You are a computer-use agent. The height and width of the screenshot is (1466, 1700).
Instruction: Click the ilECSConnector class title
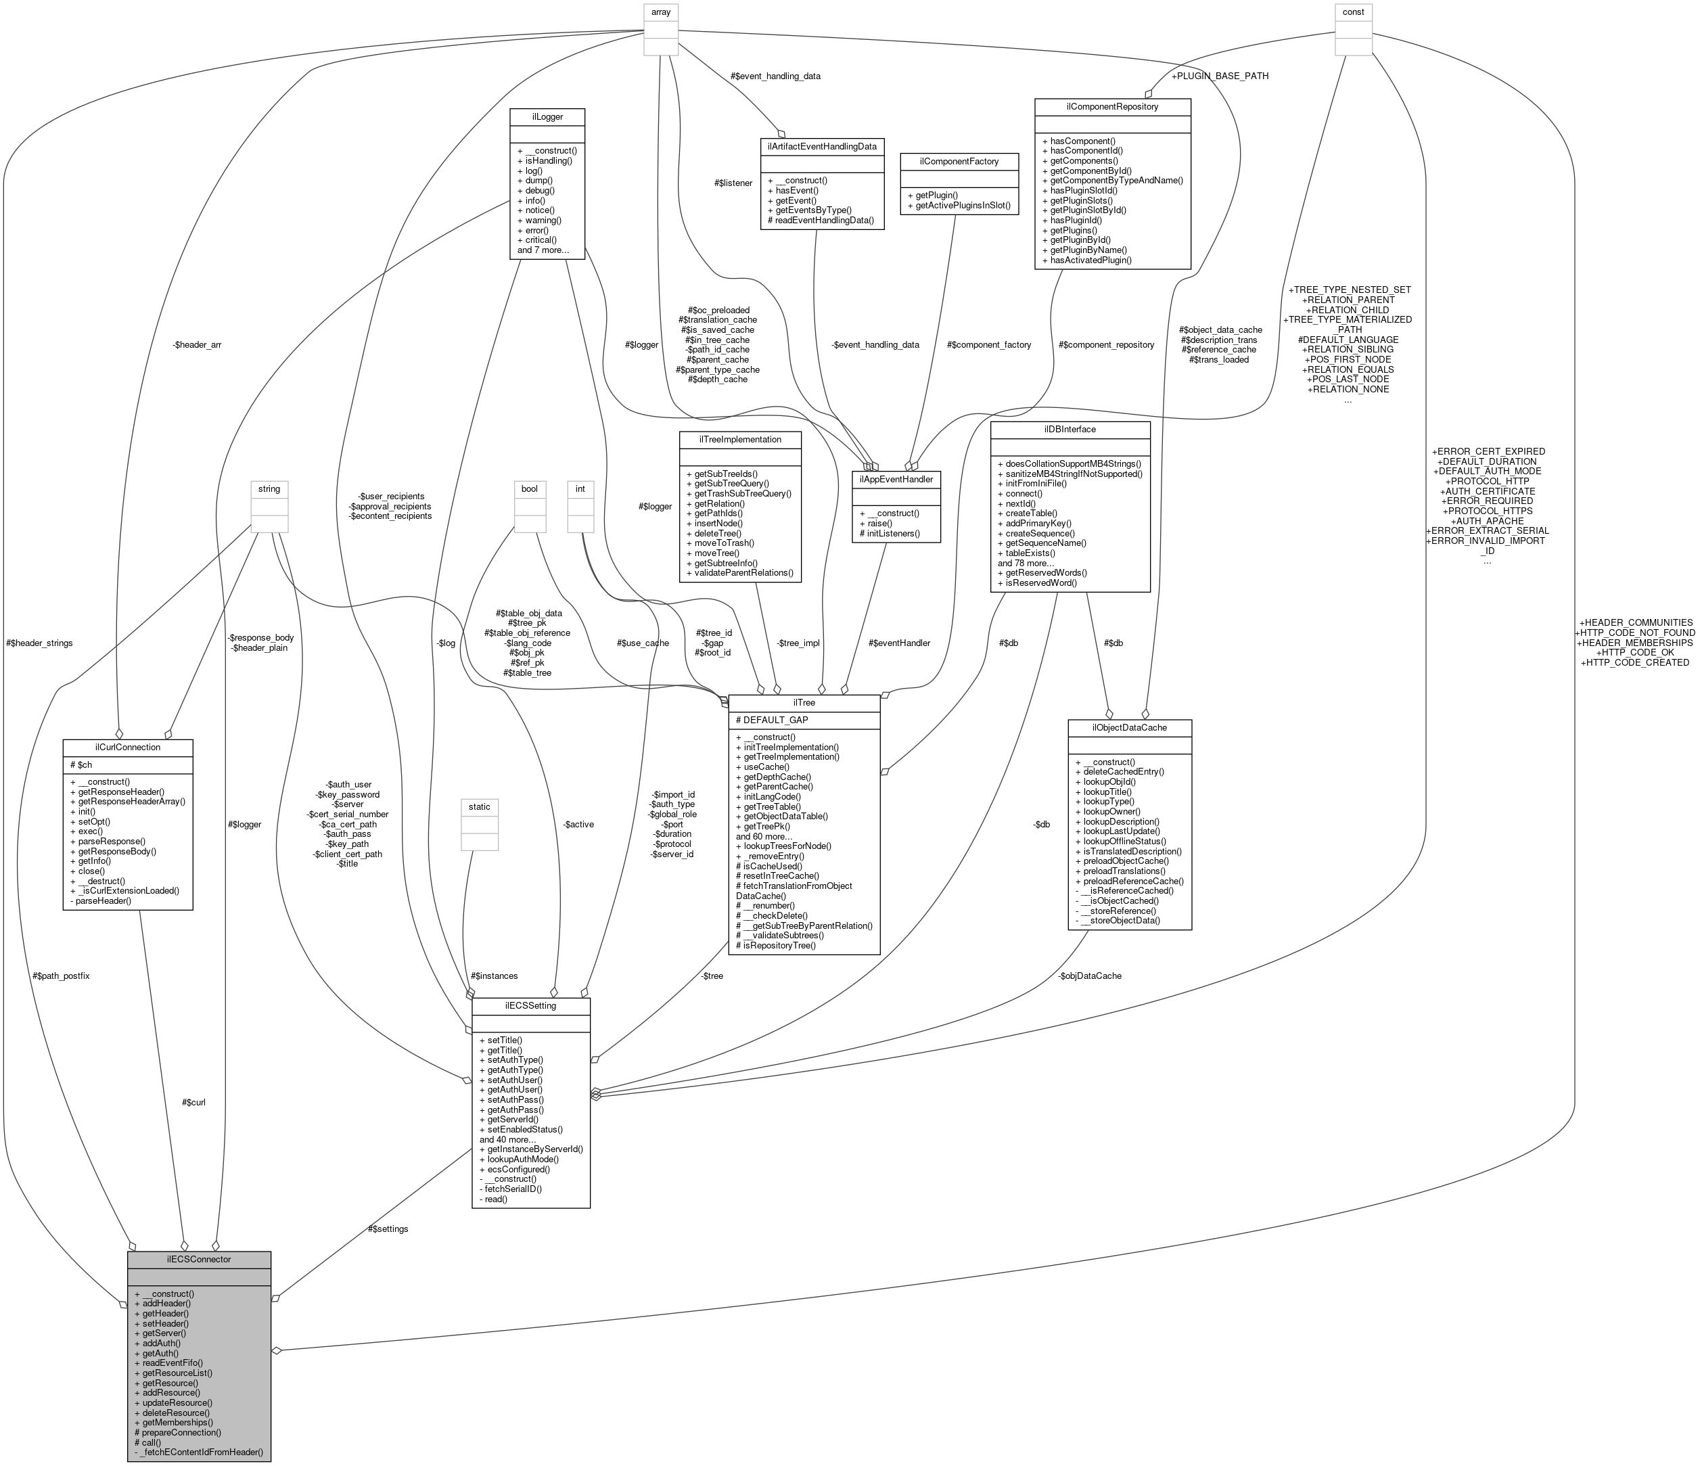click(x=199, y=1258)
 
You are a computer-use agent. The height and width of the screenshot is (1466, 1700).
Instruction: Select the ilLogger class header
click(x=547, y=116)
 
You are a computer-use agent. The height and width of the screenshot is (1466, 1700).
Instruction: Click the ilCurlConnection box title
click(x=127, y=748)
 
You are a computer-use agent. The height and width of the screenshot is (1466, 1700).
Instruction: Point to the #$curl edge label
click(x=193, y=1102)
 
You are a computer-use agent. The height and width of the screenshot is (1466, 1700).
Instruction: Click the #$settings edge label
click(x=388, y=1228)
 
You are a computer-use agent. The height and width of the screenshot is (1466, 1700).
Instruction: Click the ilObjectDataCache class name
click(x=1129, y=727)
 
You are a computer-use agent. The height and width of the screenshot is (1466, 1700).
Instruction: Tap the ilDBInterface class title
click(x=1070, y=429)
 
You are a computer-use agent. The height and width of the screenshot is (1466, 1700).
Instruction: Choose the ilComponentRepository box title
click(x=1113, y=106)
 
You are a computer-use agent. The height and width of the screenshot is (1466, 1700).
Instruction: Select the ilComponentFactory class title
click(x=959, y=161)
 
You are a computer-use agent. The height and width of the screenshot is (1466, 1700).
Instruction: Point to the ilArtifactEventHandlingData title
click(x=822, y=146)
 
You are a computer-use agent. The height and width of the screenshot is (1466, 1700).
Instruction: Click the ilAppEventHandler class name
click(x=896, y=478)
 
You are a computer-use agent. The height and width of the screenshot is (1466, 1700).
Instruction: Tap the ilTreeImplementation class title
click(x=740, y=439)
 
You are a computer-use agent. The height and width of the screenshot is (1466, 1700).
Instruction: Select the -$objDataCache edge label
click(x=1090, y=976)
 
